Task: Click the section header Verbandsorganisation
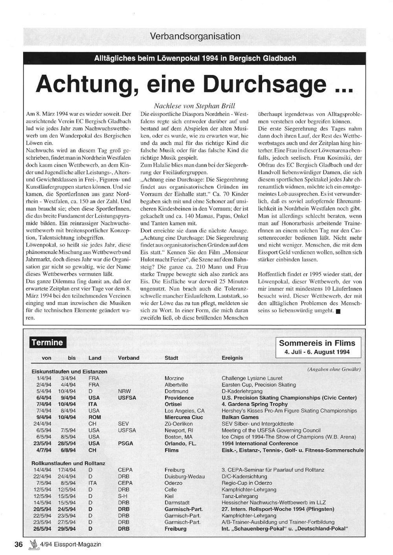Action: pyautogui.click(x=195, y=37)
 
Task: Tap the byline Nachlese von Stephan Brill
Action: pyautogui.click(x=195, y=106)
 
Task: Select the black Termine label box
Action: pyautogui.click(x=48, y=342)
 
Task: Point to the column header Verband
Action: pyautogui.click(x=129, y=358)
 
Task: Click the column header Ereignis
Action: pyautogui.click(x=232, y=358)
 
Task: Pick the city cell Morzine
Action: pyautogui.click(x=174, y=378)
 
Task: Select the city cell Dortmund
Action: pyautogui.click(x=176, y=391)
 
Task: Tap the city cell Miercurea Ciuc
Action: pyautogui.click(x=184, y=417)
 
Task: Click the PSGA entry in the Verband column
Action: pyautogui.click(x=125, y=443)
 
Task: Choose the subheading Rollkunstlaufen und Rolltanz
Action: pyautogui.click(x=68, y=463)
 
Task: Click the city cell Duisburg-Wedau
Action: pyautogui.click(x=184, y=476)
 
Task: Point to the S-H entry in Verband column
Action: pyautogui.click(x=123, y=496)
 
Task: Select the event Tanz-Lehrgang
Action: pyautogui.click(x=240, y=496)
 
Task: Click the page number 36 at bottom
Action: pyautogui.click(x=18, y=544)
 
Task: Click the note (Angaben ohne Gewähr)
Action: pyautogui.click(x=334, y=369)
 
